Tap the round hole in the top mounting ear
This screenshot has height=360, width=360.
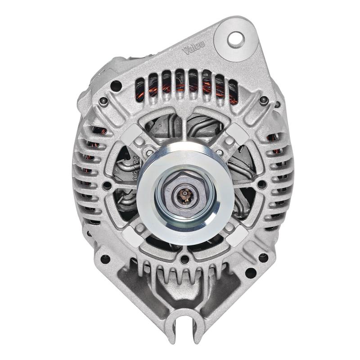tap(235, 39)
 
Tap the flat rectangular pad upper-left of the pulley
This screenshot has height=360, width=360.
tap(131, 133)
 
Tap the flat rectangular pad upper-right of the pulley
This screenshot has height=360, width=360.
tap(239, 133)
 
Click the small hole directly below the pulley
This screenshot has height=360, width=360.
tap(184, 259)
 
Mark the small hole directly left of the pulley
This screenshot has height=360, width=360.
tap(107, 185)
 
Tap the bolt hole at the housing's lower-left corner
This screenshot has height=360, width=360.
tap(105, 259)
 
